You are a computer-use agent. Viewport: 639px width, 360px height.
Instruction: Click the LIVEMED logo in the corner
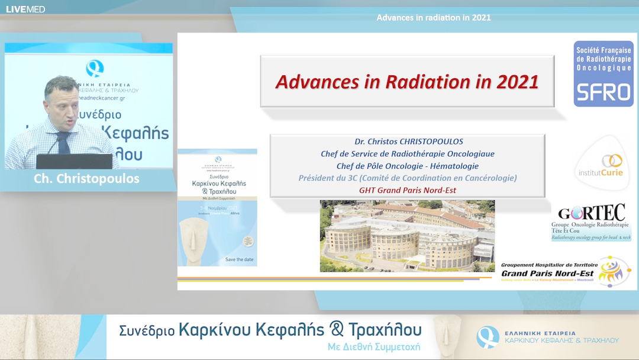(x=25, y=9)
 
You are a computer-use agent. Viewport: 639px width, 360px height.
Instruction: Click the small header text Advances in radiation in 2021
(x=433, y=17)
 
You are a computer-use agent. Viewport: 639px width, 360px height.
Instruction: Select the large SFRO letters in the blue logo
(x=603, y=92)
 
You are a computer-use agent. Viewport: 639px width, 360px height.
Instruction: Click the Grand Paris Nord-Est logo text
(x=546, y=273)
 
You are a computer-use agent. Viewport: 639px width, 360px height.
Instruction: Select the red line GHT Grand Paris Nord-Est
(x=407, y=190)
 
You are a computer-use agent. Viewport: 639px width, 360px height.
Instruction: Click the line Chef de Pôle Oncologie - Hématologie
(x=407, y=166)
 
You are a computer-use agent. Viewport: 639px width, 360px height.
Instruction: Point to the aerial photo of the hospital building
(x=407, y=235)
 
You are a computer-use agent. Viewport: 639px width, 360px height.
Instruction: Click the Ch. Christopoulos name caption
(x=86, y=179)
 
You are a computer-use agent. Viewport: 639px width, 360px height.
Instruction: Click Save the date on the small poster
(x=239, y=259)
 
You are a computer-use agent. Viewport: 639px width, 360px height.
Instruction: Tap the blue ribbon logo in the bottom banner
(x=488, y=336)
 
